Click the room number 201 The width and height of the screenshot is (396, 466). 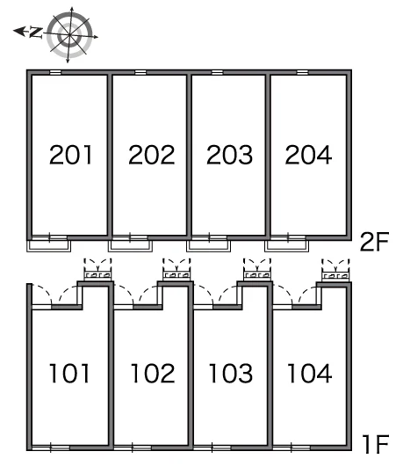pyautogui.click(x=70, y=155)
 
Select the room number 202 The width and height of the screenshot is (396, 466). pyautogui.click(x=151, y=155)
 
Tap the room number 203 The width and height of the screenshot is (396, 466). pyautogui.click(x=229, y=155)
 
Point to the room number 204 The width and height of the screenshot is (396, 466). pyautogui.click(x=308, y=155)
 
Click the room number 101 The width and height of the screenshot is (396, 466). pyautogui.click(x=69, y=373)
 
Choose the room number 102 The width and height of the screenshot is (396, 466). pyautogui.click(x=153, y=373)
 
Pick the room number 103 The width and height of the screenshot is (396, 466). pyautogui.click(x=231, y=373)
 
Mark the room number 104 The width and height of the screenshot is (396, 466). pyautogui.click(x=309, y=373)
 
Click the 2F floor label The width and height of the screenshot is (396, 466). pyautogui.click(x=374, y=242)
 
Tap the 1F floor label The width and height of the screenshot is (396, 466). pyautogui.click(x=376, y=444)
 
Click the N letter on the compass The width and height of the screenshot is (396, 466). pyautogui.click(x=36, y=33)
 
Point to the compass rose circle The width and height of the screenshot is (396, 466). pyautogui.click(x=69, y=35)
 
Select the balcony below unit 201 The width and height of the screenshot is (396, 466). pyautogui.click(x=48, y=246)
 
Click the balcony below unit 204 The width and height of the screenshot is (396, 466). pyautogui.click(x=287, y=246)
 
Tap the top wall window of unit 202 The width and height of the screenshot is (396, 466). pyautogui.click(x=140, y=72)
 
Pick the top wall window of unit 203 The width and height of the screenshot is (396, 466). pyautogui.click(x=217, y=72)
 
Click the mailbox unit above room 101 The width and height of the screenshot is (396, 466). pyautogui.click(x=98, y=275)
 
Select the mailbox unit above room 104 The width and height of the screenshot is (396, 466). pyautogui.click(x=335, y=275)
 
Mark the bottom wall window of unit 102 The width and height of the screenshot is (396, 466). pyautogui.click(x=133, y=448)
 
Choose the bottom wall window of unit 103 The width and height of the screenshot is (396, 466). pyautogui.click(x=212, y=448)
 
